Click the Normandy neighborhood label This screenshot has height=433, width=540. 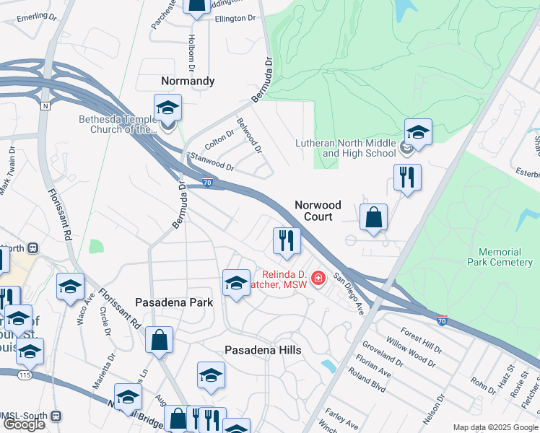pyautogui.click(x=187, y=81)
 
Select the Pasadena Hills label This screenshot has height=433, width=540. pyautogui.click(x=263, y=350)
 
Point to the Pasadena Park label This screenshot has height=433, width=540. pyautogui.click(x=174, y=302)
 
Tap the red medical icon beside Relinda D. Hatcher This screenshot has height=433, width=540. pyautogui.click(x=318, y=279)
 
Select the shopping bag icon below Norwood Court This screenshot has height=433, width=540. pyautogui.click(x=373, y=217)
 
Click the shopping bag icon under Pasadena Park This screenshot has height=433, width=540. pyautogui.click(x=159, y=340)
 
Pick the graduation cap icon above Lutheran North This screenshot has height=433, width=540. pyautogui.click(x=418, y=132)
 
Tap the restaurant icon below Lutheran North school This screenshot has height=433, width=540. pyautogui.click(x=407, y=177)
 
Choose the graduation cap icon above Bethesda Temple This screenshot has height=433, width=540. pyautogui.click(x=168, y=108)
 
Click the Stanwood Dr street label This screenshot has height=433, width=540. pyautogui.click(x=212, y=162)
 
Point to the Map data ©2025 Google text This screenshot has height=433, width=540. pyautogui.click(x=495, y=427)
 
